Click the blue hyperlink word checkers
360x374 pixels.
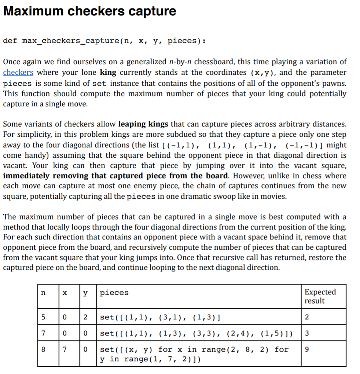(18, 73)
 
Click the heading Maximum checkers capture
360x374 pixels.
(89, 11)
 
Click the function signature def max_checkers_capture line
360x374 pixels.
(104, 41)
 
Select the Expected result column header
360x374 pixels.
(320, 296)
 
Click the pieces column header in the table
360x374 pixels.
(114, 293)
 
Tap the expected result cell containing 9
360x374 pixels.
(307, 349)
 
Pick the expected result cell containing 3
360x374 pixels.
(307, 334)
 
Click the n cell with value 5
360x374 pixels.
(43, 317)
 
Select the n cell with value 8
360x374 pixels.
(43, 349)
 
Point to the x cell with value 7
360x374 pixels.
(65, 349)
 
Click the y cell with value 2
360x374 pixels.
(85, 317)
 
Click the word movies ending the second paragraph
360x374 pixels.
(275, 196)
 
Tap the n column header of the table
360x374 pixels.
(43, 293)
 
